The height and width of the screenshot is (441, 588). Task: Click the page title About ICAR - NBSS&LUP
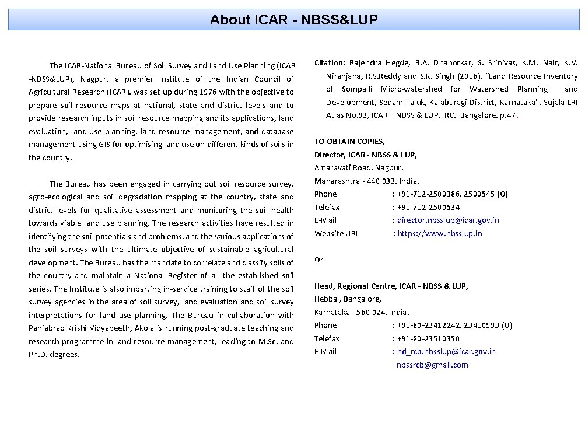(x=294, y=20)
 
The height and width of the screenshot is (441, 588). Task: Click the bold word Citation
(x=330, y=62)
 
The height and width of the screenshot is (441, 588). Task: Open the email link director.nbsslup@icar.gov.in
(x=448, y=220)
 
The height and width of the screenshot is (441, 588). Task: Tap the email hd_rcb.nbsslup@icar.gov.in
(x=446, y=352)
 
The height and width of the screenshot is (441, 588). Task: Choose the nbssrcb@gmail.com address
(x=432, y=365)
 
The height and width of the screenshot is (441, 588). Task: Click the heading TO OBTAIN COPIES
(x=349, y=142)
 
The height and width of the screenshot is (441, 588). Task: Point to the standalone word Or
(x=318, y=260)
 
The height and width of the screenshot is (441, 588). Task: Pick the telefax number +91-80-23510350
(x=428, y=339)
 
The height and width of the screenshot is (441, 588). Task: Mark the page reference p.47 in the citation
(x=508, y=116)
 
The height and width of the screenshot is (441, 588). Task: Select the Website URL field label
(x=337, y=234)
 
